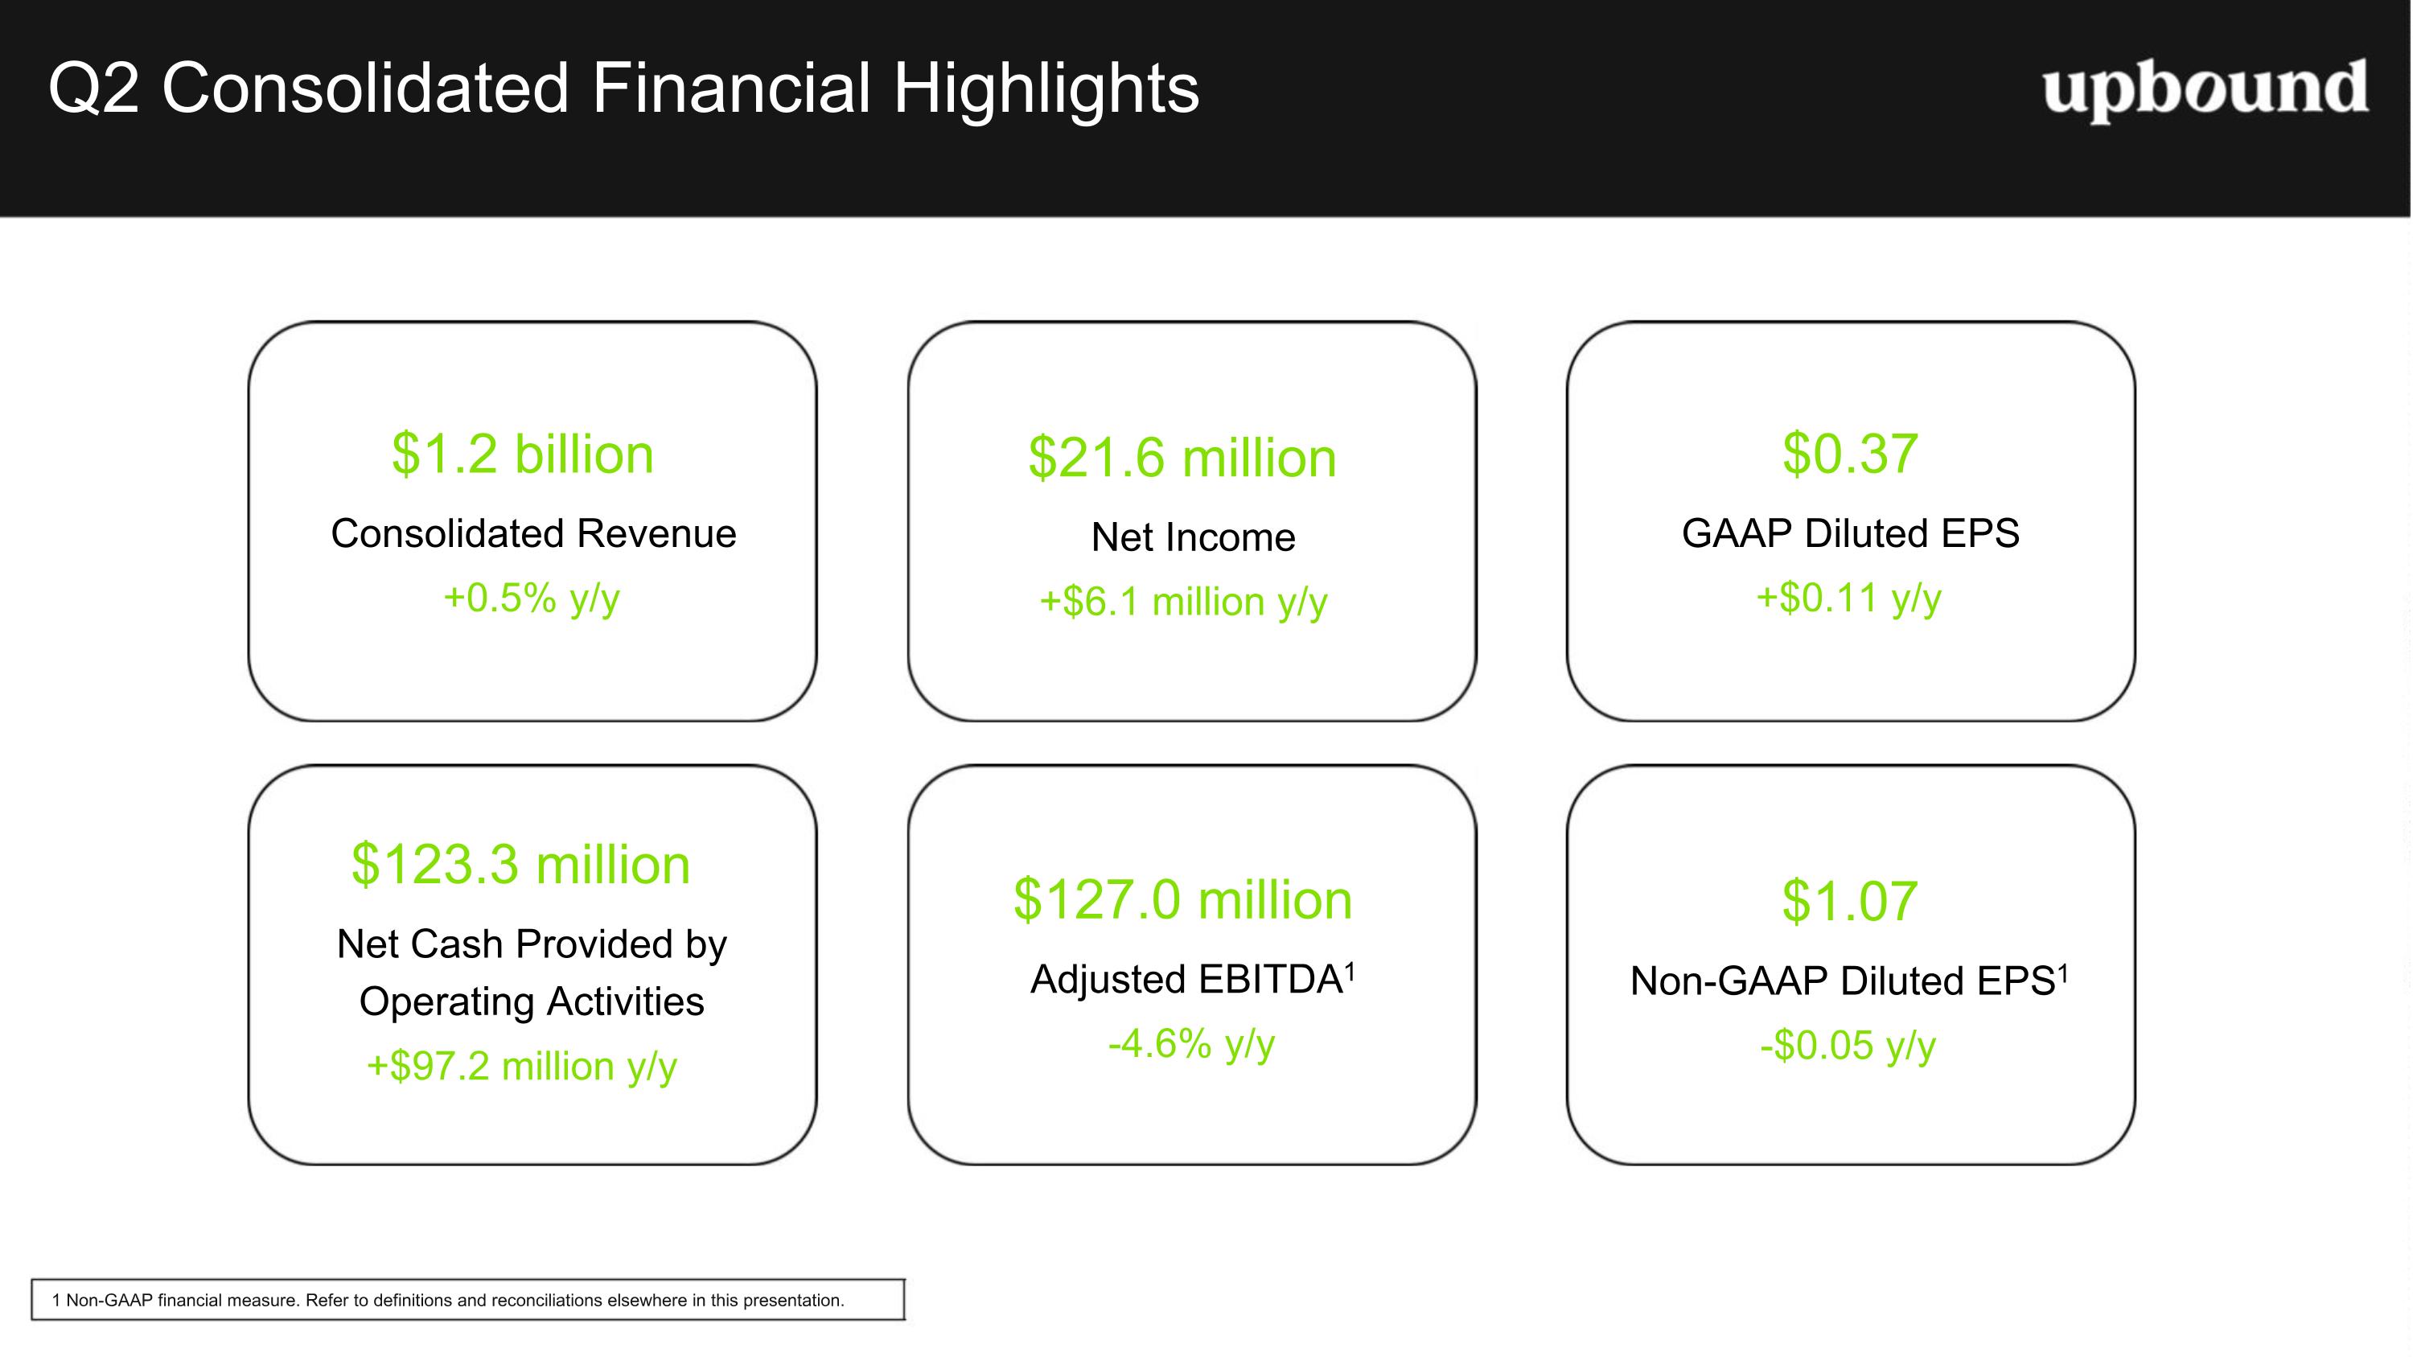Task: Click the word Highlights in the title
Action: point(1046,89)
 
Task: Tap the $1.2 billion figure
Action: point(523,454)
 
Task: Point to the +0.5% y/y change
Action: point(531,598)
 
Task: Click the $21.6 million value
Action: point(1182,458)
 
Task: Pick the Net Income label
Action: point(1193,537)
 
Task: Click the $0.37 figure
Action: point(1850,454)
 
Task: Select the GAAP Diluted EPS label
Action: point(1850,533)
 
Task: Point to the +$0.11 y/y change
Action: point(1848,598)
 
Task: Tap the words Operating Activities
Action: point(531,1001)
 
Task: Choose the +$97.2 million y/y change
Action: point(521,1067)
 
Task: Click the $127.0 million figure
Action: point(1182,900)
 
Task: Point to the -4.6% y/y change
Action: point(1190,1044)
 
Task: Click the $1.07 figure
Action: point(1850,902)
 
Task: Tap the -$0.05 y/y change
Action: point(1848,1046)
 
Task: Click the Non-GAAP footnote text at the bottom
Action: point(448,1300)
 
